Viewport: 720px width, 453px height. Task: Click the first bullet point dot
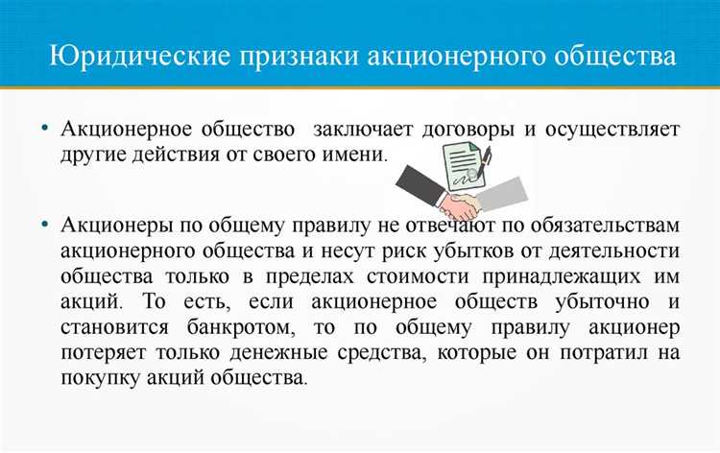point(44,131)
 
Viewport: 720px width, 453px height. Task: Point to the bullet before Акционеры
point(44,225)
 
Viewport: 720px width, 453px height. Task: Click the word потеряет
point(106,352)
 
